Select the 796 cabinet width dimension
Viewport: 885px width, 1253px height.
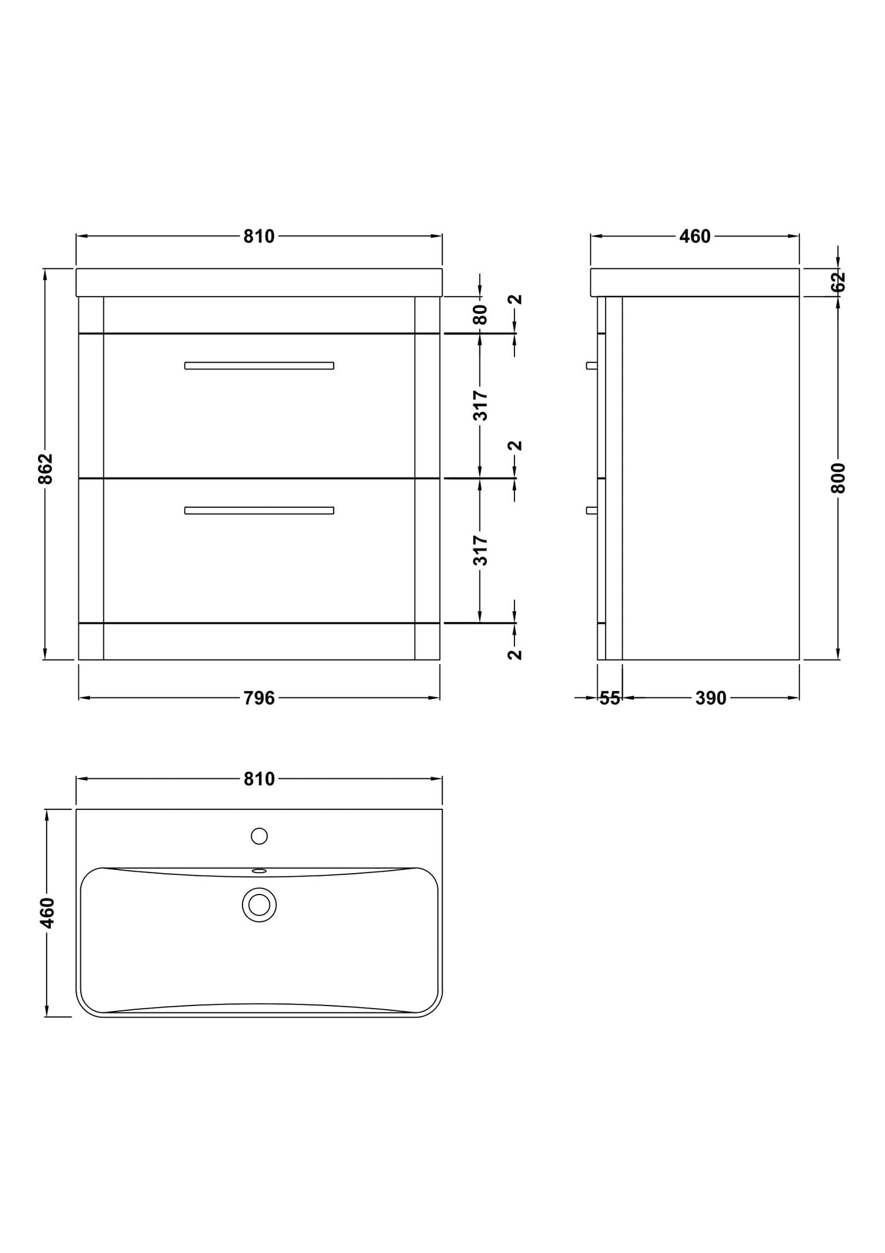[259, 698]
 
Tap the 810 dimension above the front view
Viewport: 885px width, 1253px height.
[259, 237]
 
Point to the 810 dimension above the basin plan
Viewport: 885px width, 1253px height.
[259, 779]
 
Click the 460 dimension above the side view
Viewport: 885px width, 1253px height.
[695, 237]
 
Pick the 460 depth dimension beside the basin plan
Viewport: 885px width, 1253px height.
[48, 912]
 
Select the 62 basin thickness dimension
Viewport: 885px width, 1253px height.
[838, 282]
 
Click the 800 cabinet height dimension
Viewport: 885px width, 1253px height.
[838, 478]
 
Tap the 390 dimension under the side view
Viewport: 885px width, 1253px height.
[710, 698]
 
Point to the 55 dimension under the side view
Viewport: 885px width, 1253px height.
[610, 698]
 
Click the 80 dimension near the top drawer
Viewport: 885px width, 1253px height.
[481, 314]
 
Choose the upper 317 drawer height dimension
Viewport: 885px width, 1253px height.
[481, 405]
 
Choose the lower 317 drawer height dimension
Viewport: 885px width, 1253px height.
[481, 550]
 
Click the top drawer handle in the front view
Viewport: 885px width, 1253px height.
[259, 366]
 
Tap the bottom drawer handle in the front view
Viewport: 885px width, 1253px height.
[259, 510]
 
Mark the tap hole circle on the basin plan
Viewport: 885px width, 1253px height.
[259, 836]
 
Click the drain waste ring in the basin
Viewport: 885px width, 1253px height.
[259, 904]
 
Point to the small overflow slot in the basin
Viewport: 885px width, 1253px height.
[259, 871]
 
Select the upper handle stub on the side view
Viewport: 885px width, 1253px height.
[591, 366]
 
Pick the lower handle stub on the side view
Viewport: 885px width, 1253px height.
[591, 510]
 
